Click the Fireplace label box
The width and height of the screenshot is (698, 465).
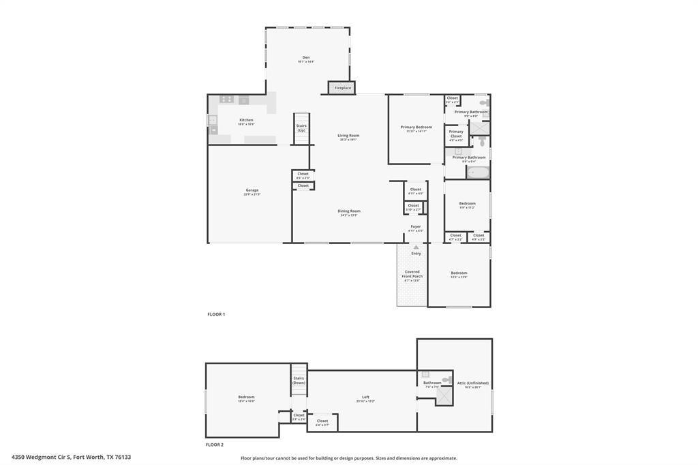point(342,88)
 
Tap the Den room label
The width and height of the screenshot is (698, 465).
point(306,57)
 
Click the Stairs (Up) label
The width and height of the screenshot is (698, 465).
point(301,127)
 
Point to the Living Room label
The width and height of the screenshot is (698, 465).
point(348,136)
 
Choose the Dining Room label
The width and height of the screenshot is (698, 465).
point(348,211)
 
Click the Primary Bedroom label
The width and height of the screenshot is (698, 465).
point(416,127)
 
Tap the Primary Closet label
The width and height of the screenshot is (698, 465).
point(456,134)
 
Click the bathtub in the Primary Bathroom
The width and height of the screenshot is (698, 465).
point(477,172)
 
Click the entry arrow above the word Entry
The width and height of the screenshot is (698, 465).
point(416,246)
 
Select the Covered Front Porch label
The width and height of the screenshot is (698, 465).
point(412,273)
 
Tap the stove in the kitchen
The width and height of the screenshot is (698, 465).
point(226,100)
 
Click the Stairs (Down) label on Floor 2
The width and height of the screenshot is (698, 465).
point(299,380)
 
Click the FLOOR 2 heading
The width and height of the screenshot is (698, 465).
point(215,445)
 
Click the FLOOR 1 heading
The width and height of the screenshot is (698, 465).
point(216,314)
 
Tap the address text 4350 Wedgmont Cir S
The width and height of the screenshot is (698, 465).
point(41,457)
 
